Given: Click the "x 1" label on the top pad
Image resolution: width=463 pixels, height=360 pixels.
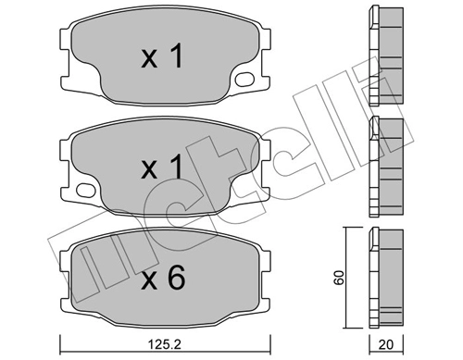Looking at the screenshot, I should tap(162, 58).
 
